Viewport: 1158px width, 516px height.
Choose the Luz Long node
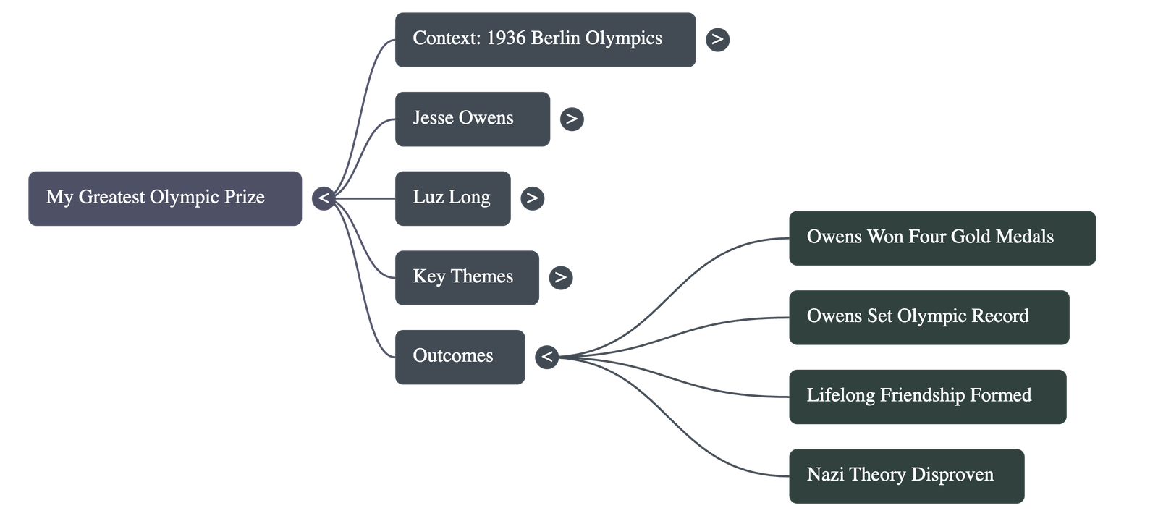click(452, 198)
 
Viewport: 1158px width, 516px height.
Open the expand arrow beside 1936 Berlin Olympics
click(717, 39)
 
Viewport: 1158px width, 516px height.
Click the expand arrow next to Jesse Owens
click(571, 119)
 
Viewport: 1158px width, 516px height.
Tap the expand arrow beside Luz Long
click(532, 198)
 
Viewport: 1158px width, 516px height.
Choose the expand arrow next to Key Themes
click(560, 277)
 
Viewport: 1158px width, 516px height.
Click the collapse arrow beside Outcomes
click(547, 357)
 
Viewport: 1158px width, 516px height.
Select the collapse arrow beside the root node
click(324, 198)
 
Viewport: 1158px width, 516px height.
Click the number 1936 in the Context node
click(506, 38)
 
